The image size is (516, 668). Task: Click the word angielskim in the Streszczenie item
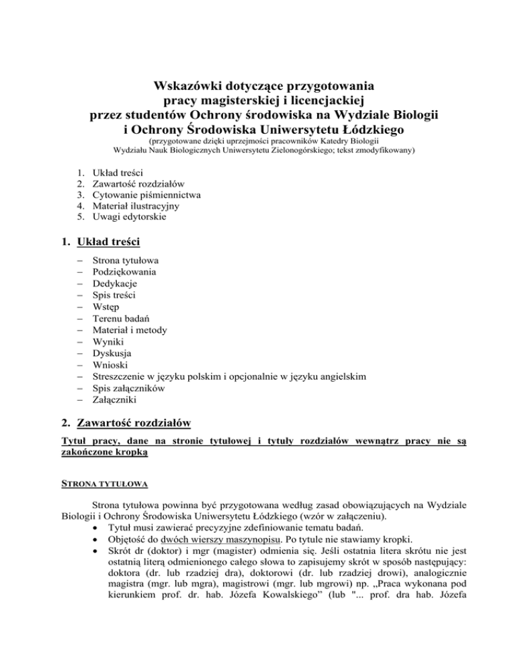click(342, 376)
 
